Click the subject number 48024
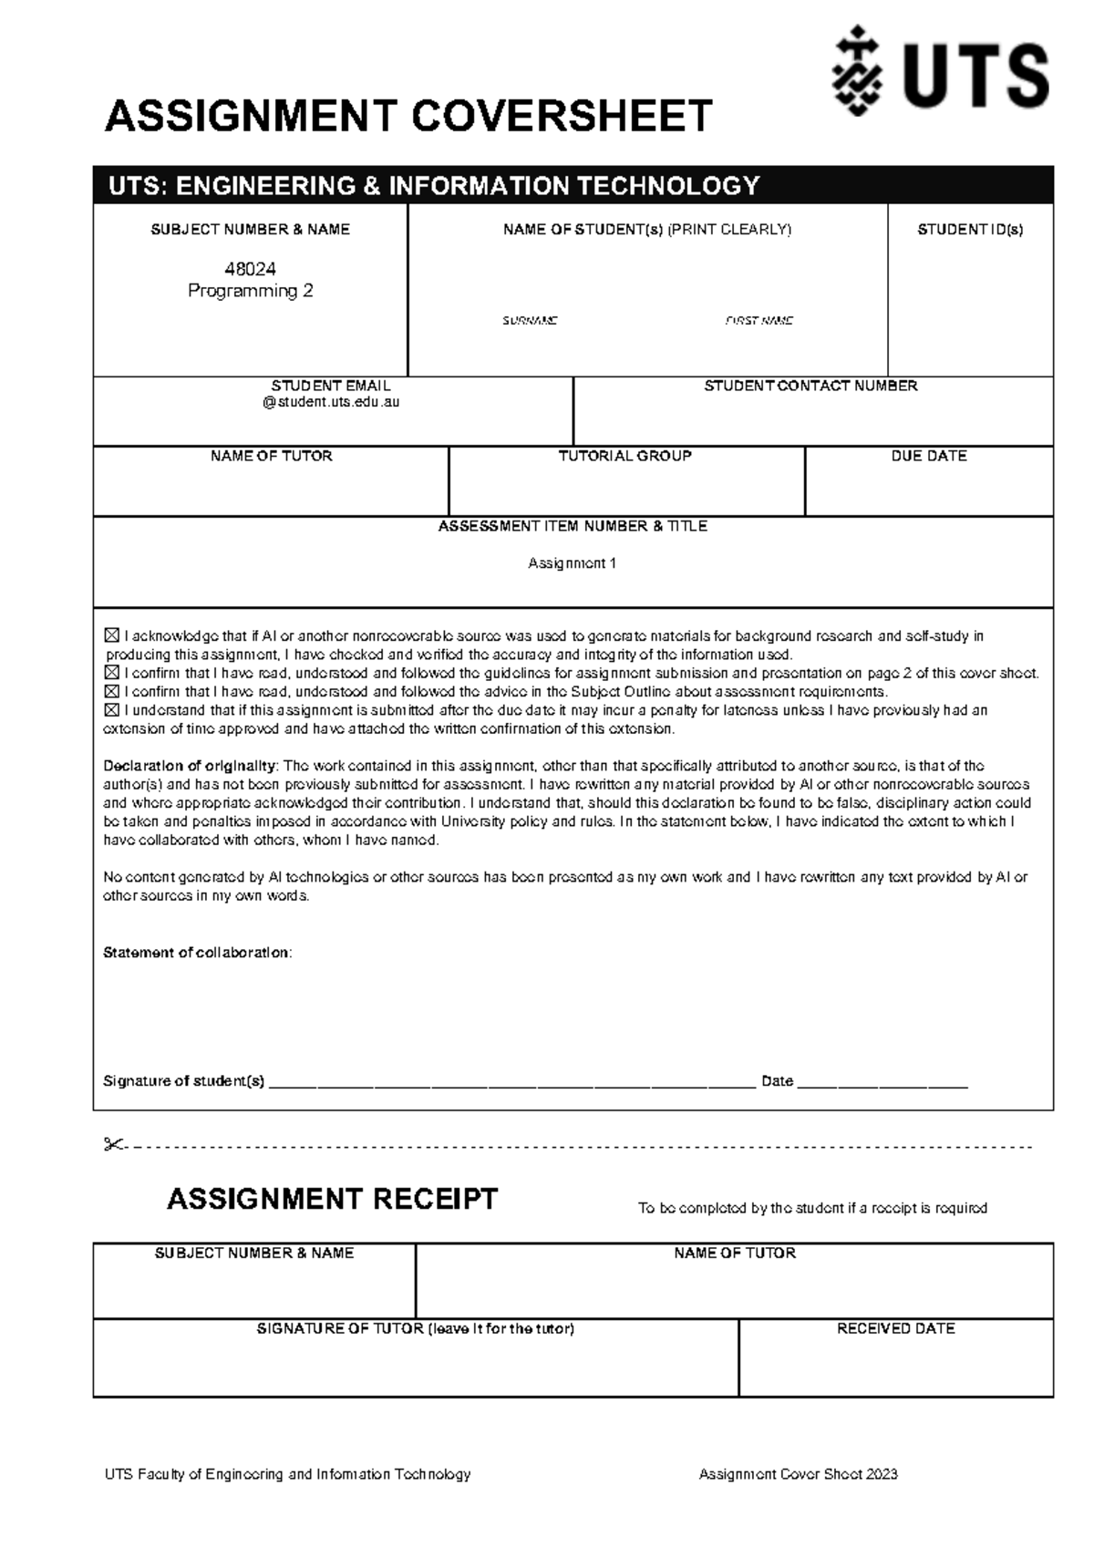coord(250,269)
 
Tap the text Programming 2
coord(250,291)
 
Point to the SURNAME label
coord(530,321)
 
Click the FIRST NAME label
coord(759,321)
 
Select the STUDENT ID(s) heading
coord(970,230)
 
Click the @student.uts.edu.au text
coord(331,402)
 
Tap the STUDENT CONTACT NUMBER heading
coord(810,387)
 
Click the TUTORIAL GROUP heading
coord(625,456)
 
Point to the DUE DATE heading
coord(928,456)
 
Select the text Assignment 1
coord(573,563)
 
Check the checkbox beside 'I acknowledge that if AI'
coord(112,635)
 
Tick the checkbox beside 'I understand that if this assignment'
coord(112,710)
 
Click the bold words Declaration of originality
coord(189,766)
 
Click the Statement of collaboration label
coord(197,953)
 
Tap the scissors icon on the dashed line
coord(114,1145)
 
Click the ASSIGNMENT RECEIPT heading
coord(332,1199)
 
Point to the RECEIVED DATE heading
coord(895,1329)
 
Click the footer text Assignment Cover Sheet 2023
coord(798,1474)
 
